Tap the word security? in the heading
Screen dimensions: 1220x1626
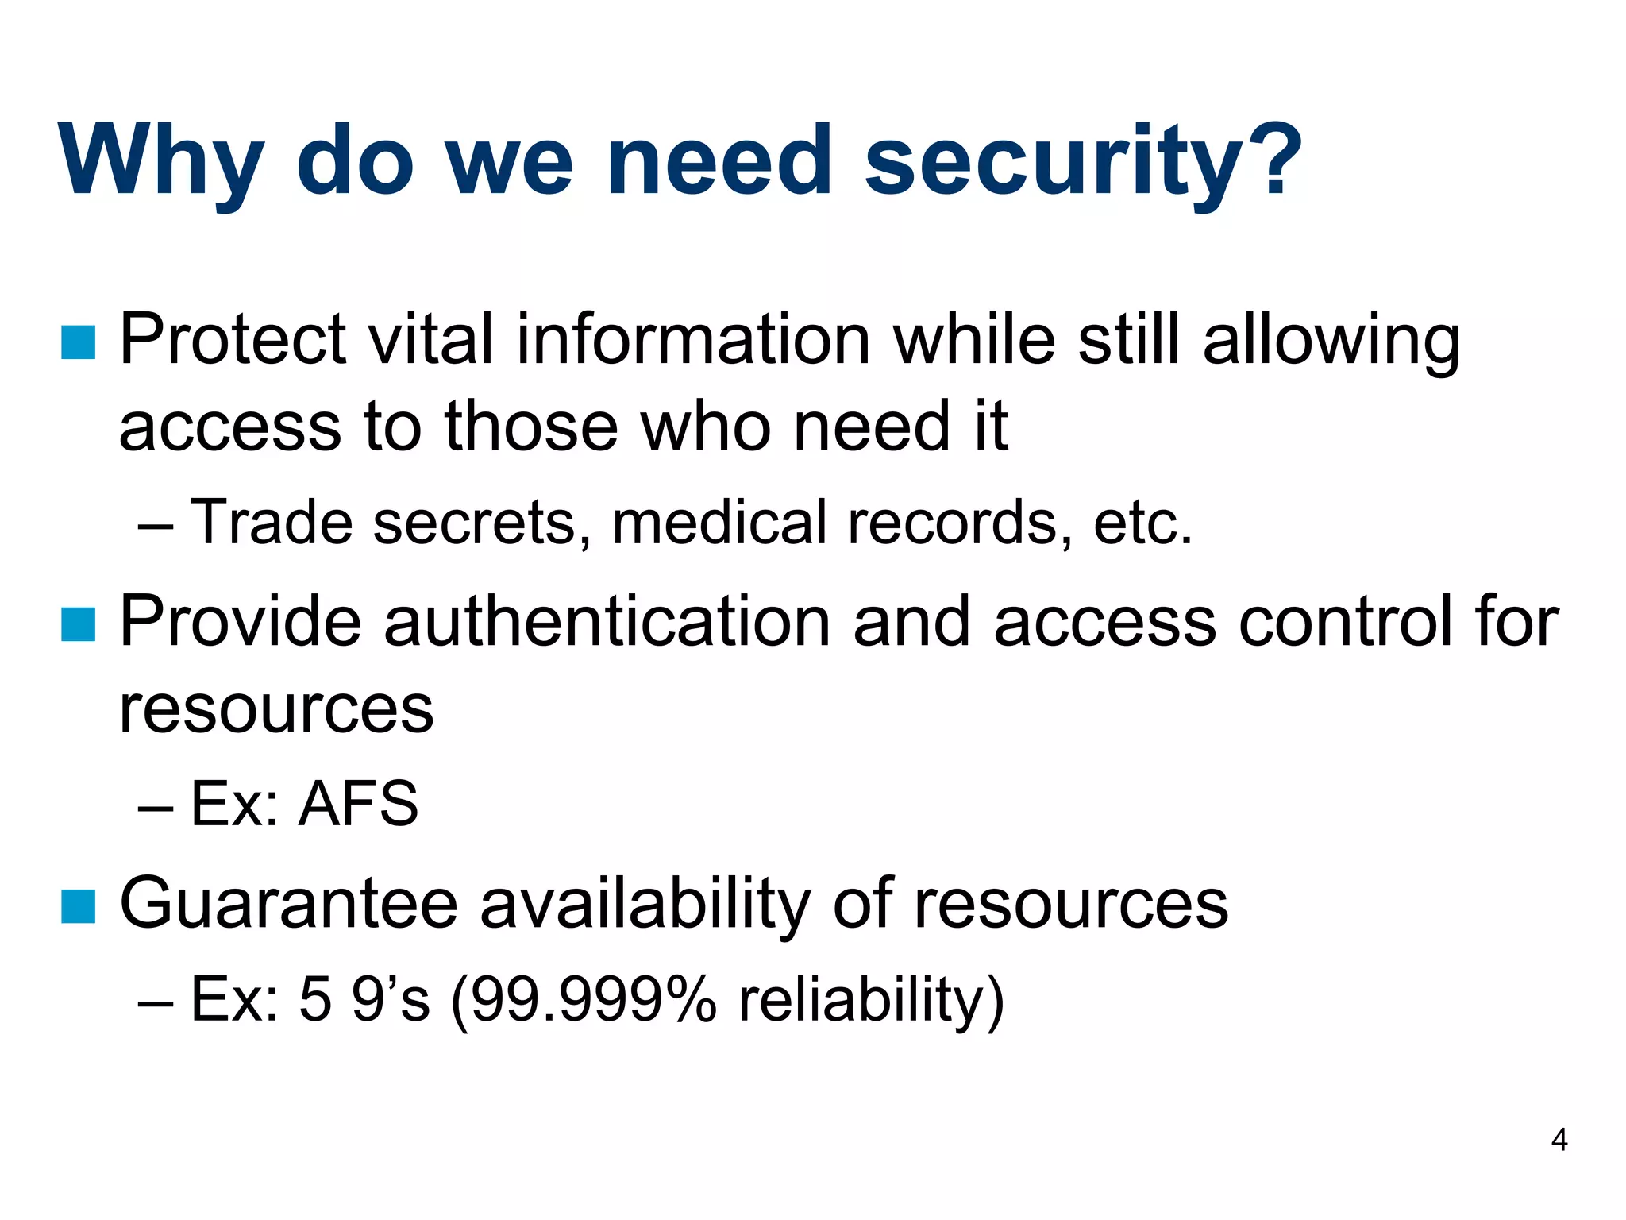(x=1083, y=162)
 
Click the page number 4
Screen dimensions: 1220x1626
(x=1559, y=1141)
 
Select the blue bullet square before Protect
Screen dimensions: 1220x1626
(x=78, y=342)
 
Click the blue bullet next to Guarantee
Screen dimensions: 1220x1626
(x=78, y=906)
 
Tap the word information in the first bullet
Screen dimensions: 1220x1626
(x=693, y=339)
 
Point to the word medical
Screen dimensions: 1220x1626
(x=719, y=523)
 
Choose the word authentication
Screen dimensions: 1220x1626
(x=607, y=622)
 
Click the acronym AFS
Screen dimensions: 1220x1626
(x=358, y=804)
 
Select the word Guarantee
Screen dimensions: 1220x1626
(x=288, y=903)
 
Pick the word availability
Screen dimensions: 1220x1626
(x=645, y=905)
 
